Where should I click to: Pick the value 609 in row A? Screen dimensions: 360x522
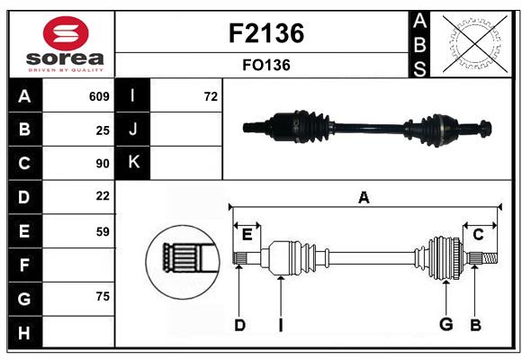click(99, 96)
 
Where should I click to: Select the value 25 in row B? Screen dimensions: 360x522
click(103, 130)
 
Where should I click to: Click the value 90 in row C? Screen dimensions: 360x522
click(103, 164)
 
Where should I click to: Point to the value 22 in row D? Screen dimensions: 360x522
click(103, 196)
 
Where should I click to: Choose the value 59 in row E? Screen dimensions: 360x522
click(103, 231)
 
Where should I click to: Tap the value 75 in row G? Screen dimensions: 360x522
click(103, 296)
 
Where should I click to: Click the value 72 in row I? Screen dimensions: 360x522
click(211, 96)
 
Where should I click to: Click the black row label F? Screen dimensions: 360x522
click(24, 265)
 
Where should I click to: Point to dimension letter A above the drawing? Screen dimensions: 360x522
click(364, 198)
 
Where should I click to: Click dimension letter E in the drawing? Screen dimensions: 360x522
click(247, 235)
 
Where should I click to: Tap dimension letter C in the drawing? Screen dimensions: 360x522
click(478, 235)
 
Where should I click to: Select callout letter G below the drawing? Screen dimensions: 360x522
click(445, 325)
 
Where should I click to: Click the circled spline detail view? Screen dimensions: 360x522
click(183, 259)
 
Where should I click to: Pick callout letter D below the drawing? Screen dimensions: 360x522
click(239, 325)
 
